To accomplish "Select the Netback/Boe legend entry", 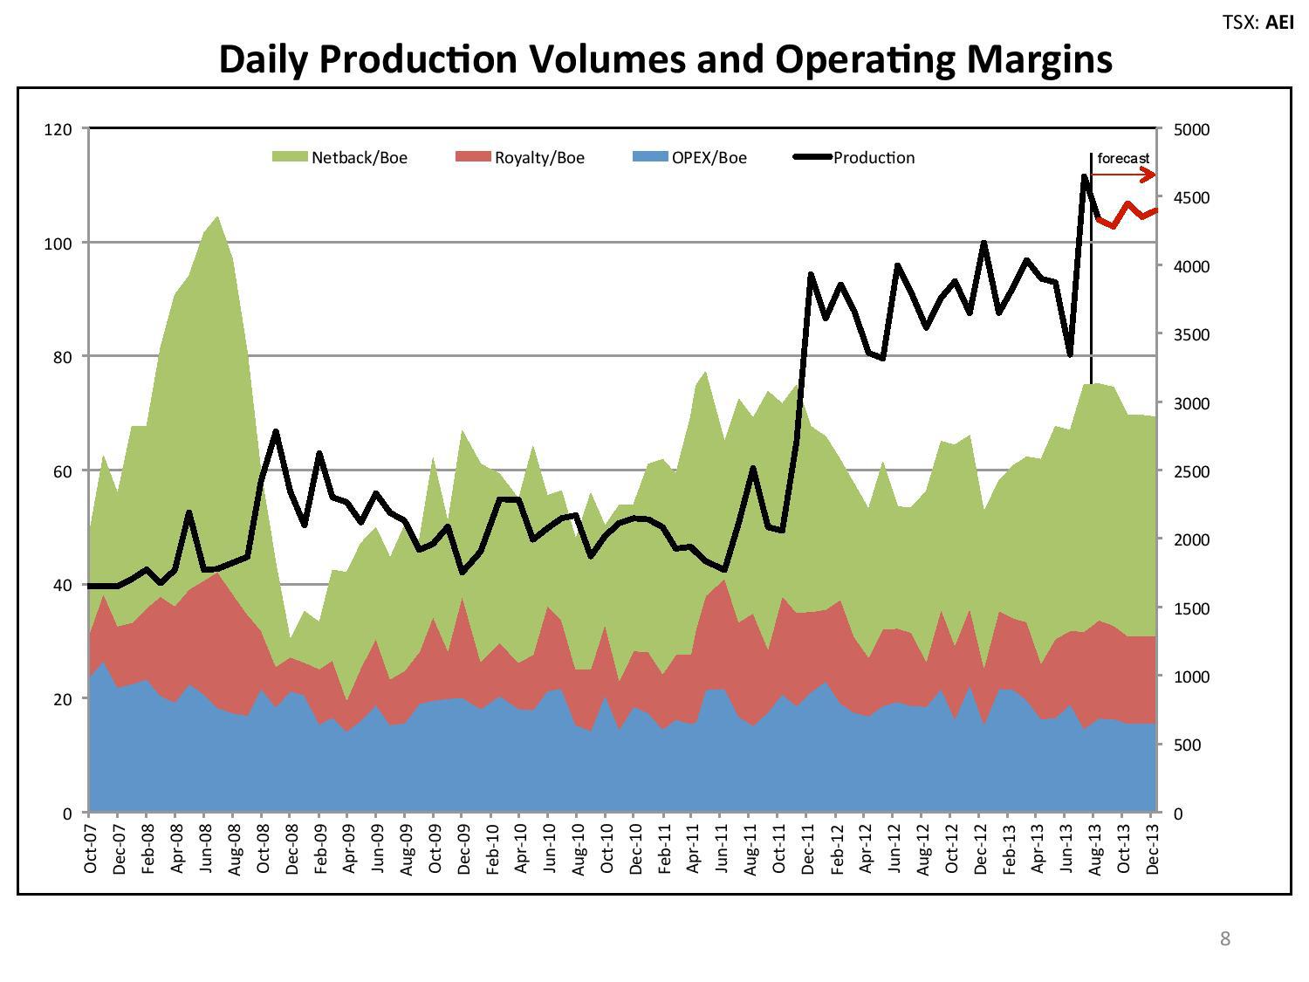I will coord(339,158).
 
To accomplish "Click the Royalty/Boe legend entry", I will coord(520,158).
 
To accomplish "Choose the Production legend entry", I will coord(854,158).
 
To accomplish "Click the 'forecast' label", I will coord(1123,158).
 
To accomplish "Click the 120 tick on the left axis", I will coord(58,129).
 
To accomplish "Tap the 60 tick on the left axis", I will coord(61,471).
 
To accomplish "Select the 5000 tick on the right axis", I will coord(1191,129).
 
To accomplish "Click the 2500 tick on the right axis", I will coord(1191,471).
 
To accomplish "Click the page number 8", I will coord(1224,938).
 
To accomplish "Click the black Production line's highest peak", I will coord(1084,176).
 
